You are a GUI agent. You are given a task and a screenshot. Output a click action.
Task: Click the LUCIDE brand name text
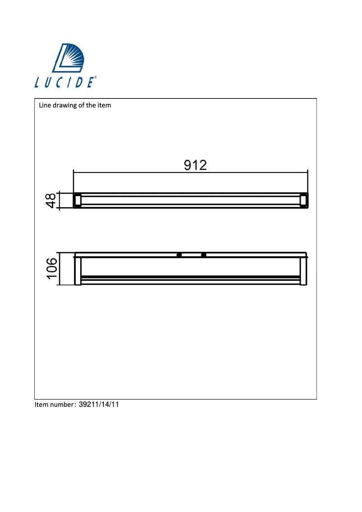click(64, 83)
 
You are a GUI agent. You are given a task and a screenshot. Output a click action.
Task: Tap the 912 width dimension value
click(195, 165)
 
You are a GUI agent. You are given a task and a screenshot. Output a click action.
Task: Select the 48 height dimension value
click(51, 200)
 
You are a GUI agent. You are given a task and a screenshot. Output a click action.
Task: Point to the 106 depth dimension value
click(51, 269)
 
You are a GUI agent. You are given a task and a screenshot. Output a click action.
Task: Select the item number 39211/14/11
click(98, 405)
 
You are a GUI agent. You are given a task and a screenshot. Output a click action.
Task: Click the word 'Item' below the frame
click(42, 405)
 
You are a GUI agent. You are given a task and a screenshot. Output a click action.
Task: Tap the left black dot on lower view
click(179, 256)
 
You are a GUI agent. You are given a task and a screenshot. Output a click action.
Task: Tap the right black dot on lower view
click(204, 256)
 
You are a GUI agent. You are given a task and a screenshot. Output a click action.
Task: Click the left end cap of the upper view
click(77, 200)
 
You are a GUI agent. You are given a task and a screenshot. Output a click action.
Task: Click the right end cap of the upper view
click(304, 200)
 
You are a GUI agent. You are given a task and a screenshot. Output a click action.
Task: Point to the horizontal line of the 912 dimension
click(135, 172)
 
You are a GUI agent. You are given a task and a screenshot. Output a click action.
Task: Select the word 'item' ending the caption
click(104, 106)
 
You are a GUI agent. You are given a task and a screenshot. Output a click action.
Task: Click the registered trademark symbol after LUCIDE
click(95, 78)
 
